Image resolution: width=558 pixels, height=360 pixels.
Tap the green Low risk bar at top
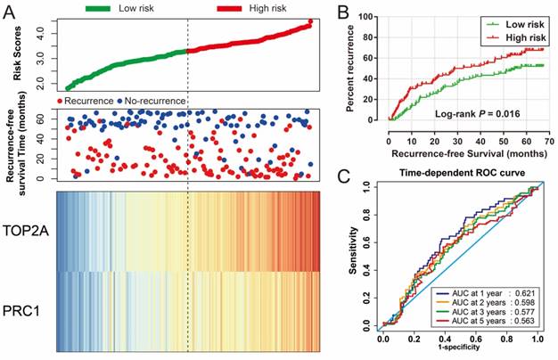coord(110,9)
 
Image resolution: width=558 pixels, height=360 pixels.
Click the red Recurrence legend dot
coord(61,101)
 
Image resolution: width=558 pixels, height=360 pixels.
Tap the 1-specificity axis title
coord(460,351)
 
